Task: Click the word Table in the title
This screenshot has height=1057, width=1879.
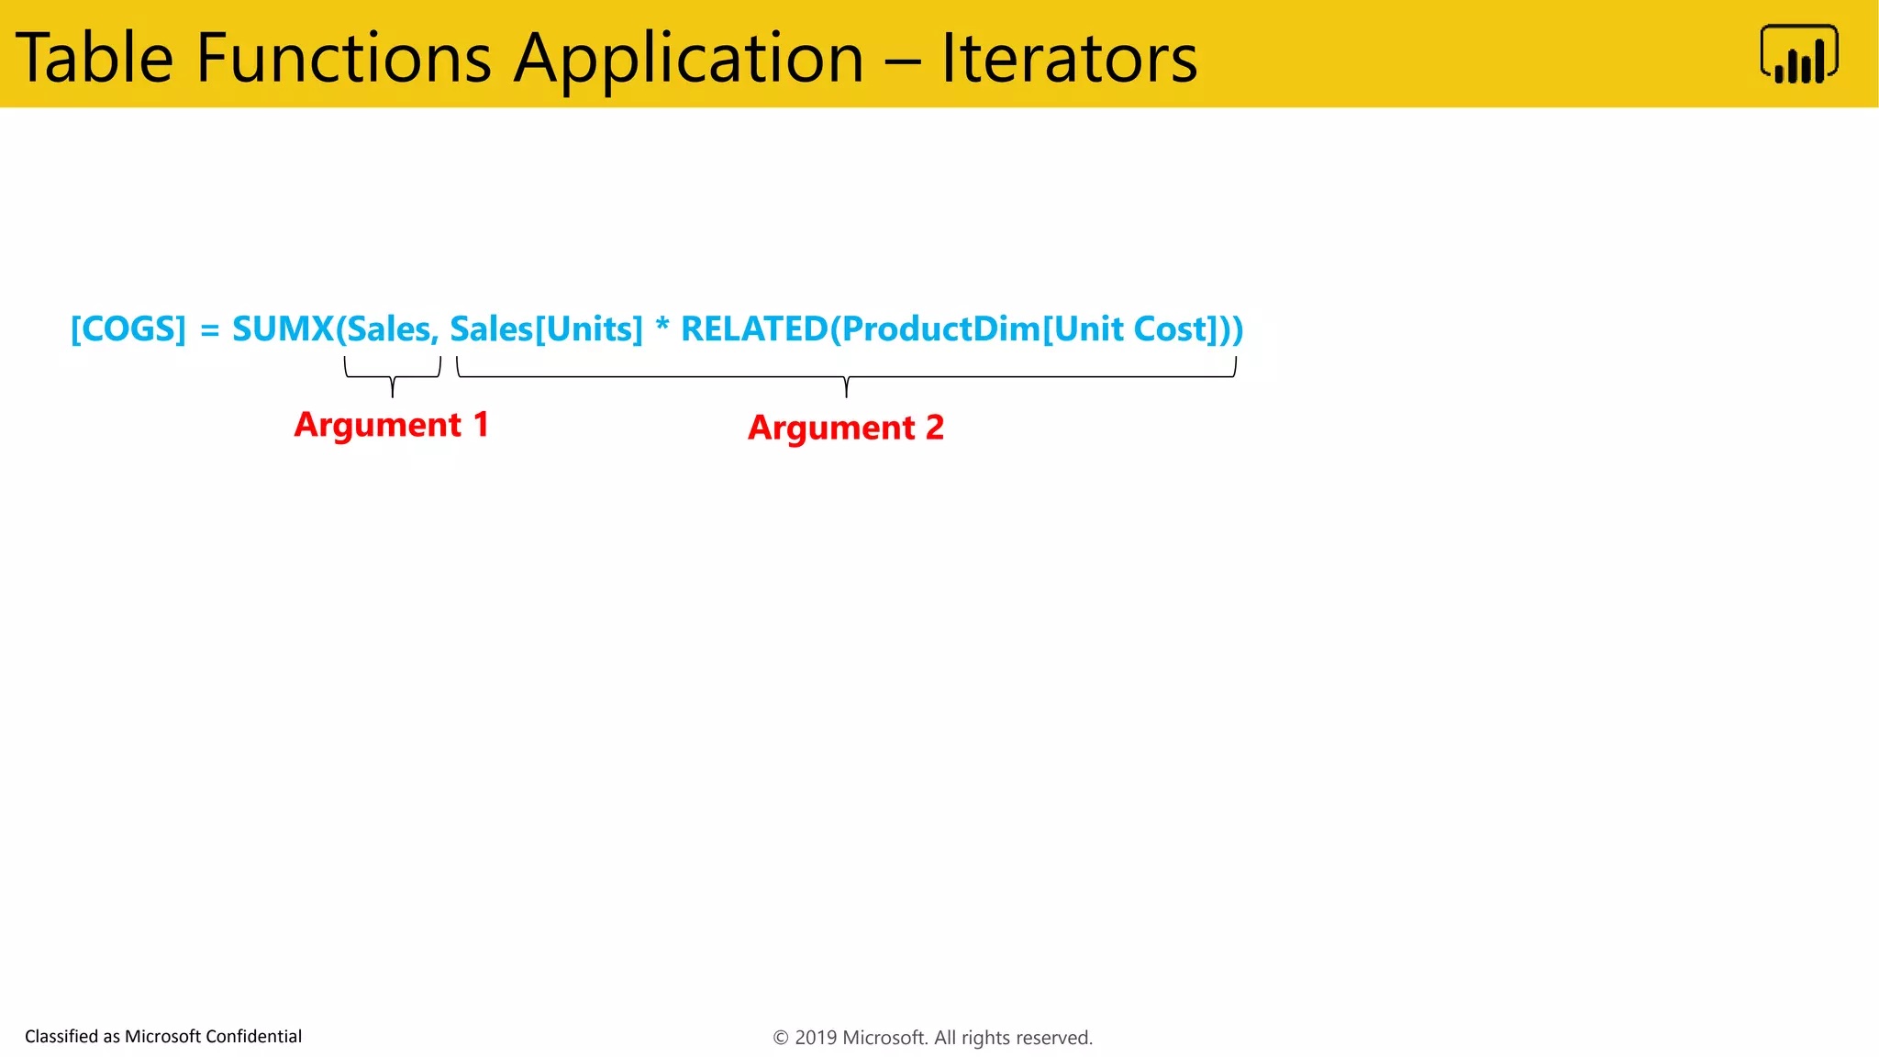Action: [95, 58]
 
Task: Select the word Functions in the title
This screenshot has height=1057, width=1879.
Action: [344, 58]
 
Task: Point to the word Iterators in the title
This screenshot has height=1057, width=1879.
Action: [1069, 58]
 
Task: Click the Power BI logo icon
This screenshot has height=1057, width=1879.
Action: [1798, 54]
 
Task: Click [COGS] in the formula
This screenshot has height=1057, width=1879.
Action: [128, 328]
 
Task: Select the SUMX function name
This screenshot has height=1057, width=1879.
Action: [283, 328]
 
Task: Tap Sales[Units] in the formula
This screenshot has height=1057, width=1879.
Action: [546, 328]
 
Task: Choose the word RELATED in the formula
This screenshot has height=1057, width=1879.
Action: [753, 328]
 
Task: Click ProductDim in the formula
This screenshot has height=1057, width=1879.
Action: [939, 328]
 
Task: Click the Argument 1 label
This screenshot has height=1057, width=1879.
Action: [391, 425]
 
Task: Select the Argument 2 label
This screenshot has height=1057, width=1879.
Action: [845, 428]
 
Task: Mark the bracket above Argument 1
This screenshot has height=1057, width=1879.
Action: [393, 375]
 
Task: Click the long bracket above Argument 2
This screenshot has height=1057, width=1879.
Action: [846, 376]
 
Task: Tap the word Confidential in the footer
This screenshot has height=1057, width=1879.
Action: [253, 1037]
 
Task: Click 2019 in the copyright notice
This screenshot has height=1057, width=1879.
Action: [815, 1038]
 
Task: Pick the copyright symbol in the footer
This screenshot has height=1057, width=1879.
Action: [781, 1038]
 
